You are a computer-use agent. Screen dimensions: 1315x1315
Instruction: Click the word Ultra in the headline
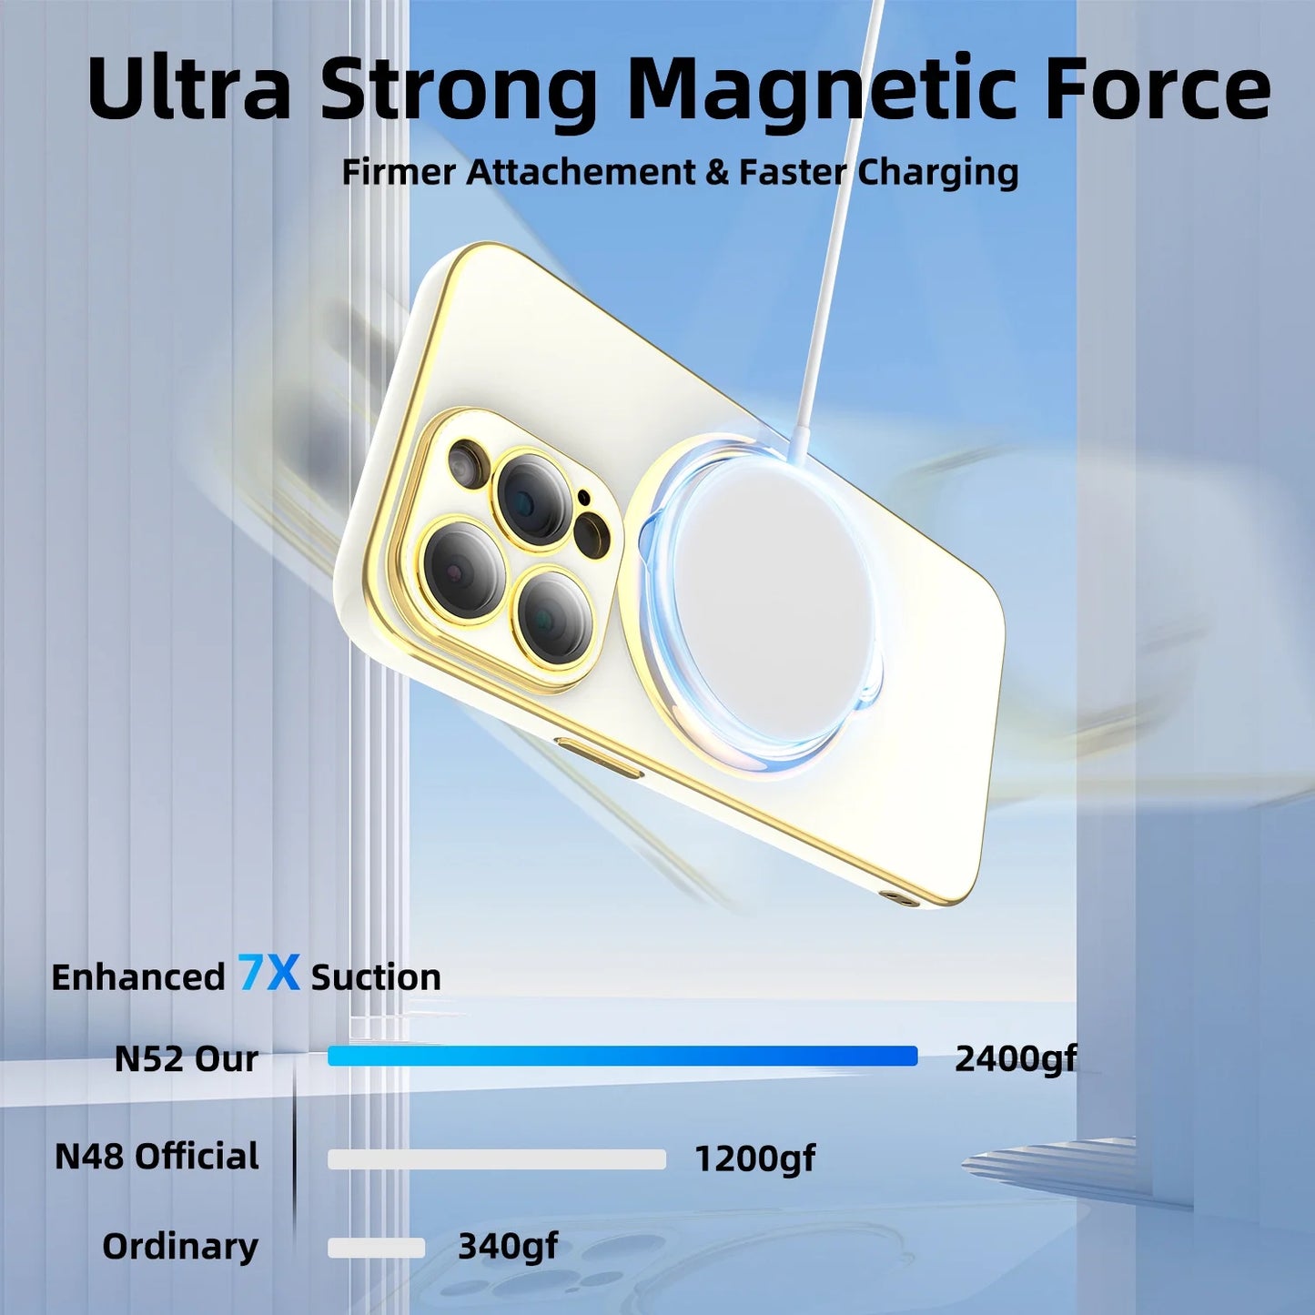(189, 88)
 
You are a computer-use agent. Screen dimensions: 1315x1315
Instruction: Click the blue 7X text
(268, 973)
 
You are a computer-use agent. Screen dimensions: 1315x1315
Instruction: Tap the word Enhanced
(138, 977)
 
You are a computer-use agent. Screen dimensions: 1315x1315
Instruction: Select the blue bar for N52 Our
(622, 1056)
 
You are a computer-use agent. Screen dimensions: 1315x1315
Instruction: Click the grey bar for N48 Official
(496, 1158)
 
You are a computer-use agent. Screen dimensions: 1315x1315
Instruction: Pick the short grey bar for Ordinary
(376, 1248)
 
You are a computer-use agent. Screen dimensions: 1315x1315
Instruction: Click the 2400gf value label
(1015, 1059)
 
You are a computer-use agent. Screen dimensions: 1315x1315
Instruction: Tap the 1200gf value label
(754, 1159)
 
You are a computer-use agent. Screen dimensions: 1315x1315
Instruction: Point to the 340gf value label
(507, 1247)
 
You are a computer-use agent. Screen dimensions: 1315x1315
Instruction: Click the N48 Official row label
(157, 1157)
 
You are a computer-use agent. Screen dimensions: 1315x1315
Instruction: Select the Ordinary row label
(180, 1247)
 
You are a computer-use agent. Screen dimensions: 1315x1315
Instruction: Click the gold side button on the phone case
(598, 758)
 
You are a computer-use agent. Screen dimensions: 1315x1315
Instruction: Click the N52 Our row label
(186, 1059)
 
